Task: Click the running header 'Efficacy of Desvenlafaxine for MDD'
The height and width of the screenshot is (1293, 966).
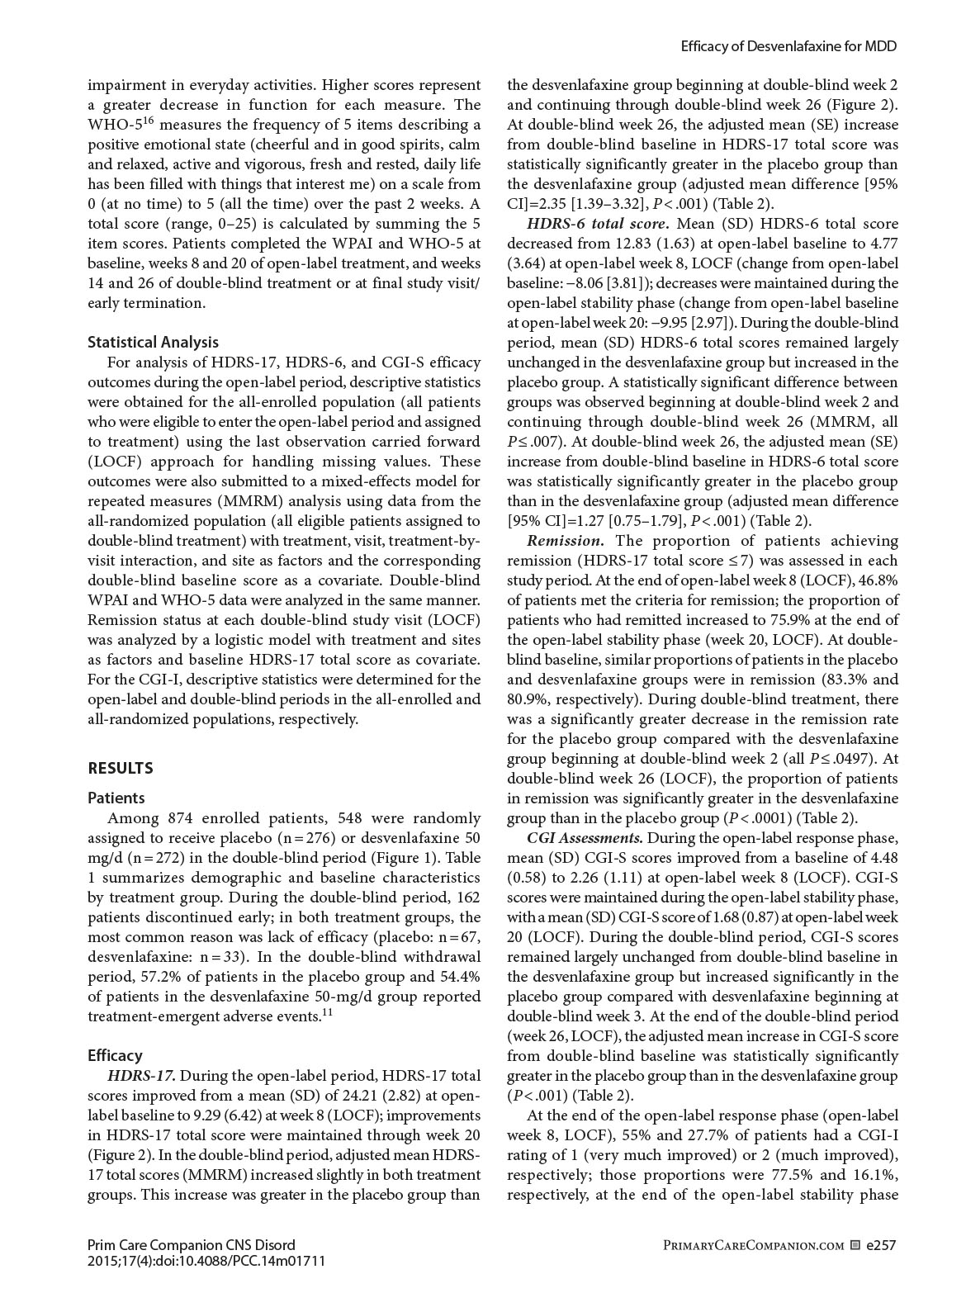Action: (788, 47)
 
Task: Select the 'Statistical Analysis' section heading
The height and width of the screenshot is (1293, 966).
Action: (153, 342)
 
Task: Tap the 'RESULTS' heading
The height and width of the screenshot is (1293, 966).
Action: (121, 768)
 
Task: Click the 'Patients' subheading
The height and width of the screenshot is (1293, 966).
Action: (116, 798)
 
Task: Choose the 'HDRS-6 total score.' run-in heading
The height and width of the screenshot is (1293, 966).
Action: (597, 224)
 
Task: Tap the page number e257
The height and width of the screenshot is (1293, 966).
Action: (881, 1244)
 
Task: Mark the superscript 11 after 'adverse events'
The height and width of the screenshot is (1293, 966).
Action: (328, 1012)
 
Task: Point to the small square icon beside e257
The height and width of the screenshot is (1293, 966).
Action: (855, 1245)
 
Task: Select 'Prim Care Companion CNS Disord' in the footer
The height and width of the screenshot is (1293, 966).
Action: (191, 1244)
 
